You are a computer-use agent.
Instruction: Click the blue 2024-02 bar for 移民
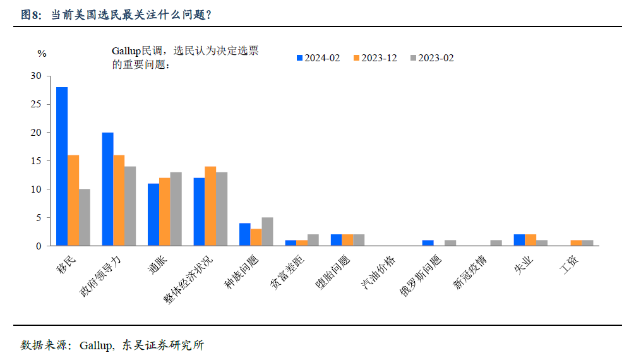click(x=62, y=166)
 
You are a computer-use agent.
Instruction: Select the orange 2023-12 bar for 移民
click(x=73, y=200)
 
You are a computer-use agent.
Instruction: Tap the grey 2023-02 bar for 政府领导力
click(x=130, y=206)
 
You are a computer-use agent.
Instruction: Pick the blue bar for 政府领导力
click(x=108, y=189)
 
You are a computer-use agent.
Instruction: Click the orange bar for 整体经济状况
click(x=210, y=206)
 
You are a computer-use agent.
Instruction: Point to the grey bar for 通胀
click(x=176, y=208)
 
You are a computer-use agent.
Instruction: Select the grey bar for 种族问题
click(x=267, y=231)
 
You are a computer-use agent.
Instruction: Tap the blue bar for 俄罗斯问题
click(x=428, y=243)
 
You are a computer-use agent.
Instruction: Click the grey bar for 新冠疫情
click(x=496, y=243)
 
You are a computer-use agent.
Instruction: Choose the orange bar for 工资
click(x=575, y=243)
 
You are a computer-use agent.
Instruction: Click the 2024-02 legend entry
click(x=318, y=58)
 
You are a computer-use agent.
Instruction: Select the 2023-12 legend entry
click(x=374, y=58)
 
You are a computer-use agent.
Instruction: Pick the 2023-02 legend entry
click(x=432, y=58)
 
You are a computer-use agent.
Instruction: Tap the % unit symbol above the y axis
click(x=42, y=54)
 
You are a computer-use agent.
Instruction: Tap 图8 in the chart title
click(x=30, y=15)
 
